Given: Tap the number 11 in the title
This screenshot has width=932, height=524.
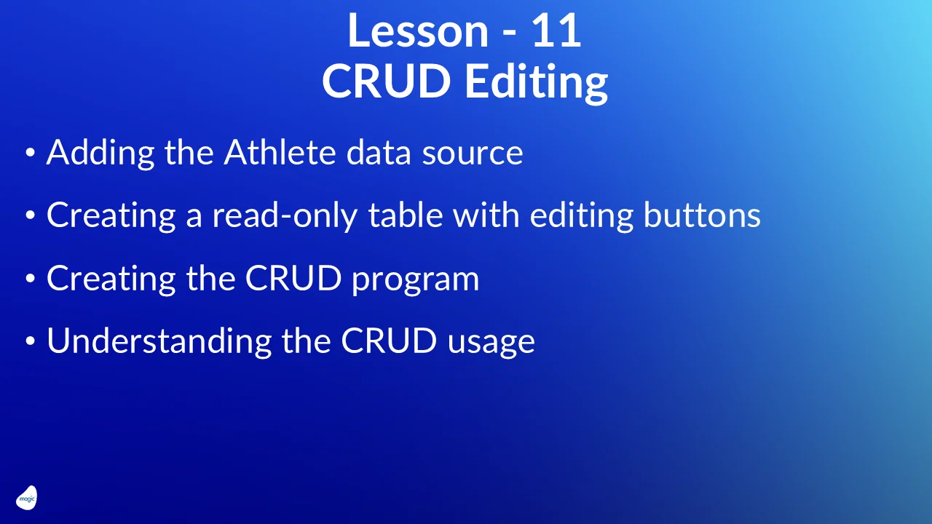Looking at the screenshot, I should tap(557, 31).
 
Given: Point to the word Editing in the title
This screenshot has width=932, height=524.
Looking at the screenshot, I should tap(536, 83).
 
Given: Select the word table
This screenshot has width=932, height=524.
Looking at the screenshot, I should tap(405, 215).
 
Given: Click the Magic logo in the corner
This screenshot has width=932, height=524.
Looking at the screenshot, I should tap(26, 498).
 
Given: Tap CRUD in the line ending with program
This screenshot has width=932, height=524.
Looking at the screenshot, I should tap(293, 279).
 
